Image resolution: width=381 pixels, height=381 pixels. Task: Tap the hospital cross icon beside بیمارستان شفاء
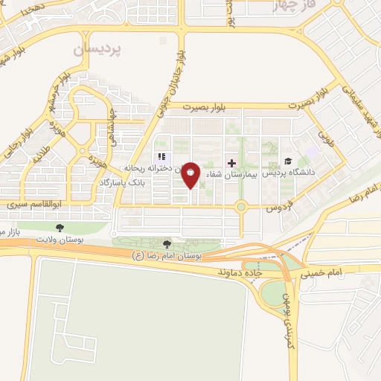pos(231,163)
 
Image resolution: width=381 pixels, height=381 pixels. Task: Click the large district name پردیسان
pos(97,50)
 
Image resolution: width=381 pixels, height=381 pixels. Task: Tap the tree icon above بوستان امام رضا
pos(168,243)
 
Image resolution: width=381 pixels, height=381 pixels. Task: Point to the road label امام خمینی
pos(323,274)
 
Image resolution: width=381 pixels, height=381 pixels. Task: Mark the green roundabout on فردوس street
pos(242,208)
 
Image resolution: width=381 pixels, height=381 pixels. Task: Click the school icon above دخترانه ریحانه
pos(160,157)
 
